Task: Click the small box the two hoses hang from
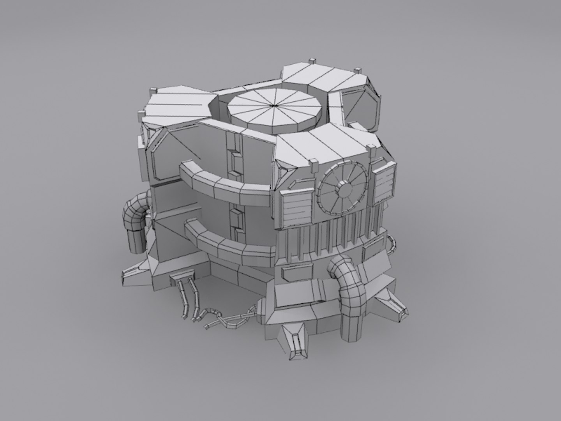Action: click(x=183, y=277)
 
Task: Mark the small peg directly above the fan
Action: click(x=313, y=161)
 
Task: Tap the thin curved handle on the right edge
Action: click(x=391, y=244)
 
